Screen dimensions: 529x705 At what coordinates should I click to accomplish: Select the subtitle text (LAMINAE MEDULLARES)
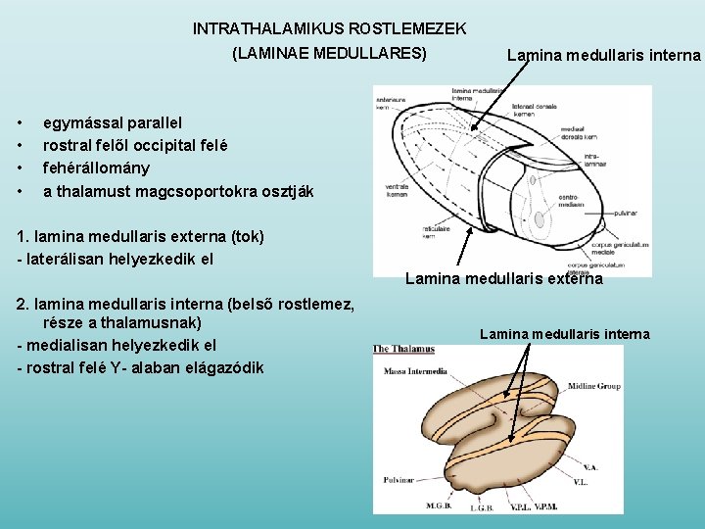tap(329, 53)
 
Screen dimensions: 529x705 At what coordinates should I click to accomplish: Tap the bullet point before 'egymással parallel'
tap(22, 122)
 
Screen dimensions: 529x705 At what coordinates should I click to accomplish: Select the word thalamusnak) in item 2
tap(158, 322)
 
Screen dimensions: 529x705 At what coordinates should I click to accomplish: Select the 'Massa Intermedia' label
tap(416, 371)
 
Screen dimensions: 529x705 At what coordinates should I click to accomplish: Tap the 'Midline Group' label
tap(593, 386)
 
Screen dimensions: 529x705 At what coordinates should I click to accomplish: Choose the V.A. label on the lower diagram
tap(587, 468)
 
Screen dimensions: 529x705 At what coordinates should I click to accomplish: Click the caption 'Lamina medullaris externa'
tap(504, 279)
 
